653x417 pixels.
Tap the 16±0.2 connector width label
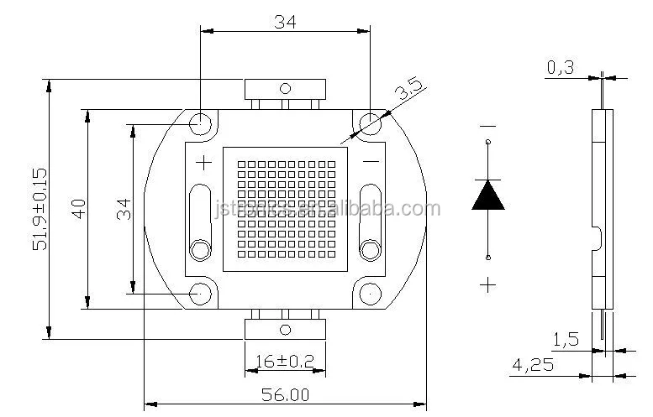point(284,362)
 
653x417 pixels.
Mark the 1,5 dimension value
point(565,340)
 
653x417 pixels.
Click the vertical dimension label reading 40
point(78,208)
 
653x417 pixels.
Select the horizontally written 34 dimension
point(284,23)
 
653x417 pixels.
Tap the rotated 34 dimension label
point(124,208)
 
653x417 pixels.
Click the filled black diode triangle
point(488,194)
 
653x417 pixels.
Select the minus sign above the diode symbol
point(488,127)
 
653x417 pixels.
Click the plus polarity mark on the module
point(203,162)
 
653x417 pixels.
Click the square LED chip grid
point(284,208)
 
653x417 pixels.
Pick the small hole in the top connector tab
point(284,88)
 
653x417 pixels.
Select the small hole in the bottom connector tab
point(284,328)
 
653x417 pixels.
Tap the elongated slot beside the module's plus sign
point(201,211)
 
